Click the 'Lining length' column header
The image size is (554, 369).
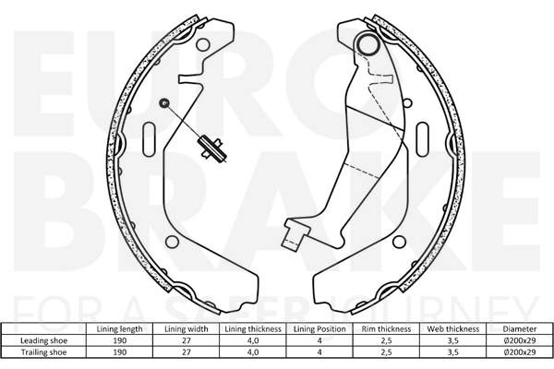[119, 329]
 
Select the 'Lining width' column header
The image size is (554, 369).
[187, 329]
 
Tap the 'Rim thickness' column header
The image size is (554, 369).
[386, 329]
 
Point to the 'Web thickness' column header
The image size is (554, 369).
[453, 329]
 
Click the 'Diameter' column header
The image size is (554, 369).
[519, 329]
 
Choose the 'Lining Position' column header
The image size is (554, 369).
[319, 329]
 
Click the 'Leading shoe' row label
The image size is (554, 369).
[43, 340]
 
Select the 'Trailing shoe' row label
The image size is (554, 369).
[43, 352]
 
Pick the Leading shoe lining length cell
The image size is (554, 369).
[120, 340]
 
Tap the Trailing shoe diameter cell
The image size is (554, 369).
[519, 352]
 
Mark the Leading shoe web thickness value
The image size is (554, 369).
[453, 340]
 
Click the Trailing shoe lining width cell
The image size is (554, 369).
[187, 352]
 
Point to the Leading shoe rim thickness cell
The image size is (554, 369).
[386, 340]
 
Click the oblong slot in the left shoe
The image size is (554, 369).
[149, 139]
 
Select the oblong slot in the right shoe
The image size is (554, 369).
[423, 139]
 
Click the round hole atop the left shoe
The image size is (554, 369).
[203, 45]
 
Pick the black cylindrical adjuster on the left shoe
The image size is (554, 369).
[211, 149]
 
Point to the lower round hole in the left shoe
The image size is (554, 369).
[172, 242]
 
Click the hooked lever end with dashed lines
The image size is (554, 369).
[295, 235]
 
